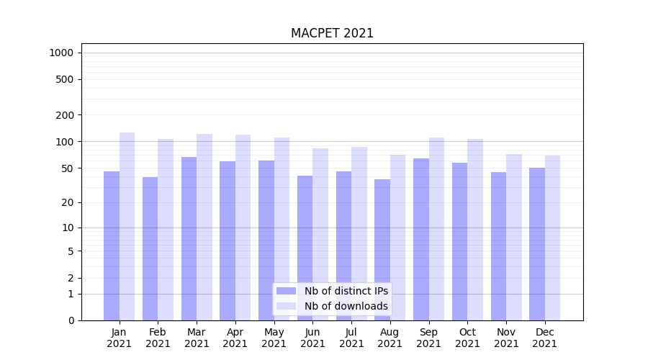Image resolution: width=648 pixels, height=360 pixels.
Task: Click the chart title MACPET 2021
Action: coord(332,33)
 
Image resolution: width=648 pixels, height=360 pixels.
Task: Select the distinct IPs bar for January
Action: coord(112,245)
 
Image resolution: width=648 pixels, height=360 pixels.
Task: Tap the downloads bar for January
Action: coord(127,226)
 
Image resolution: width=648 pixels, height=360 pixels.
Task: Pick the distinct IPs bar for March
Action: coord(189,238)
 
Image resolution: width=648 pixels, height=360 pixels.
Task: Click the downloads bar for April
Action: coord(243,227)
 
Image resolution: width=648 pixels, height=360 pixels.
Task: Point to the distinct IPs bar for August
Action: coord(382,249)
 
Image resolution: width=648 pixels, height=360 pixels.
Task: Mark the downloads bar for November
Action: coord(514,237)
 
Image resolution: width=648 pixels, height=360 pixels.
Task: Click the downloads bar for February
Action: coord(166,229)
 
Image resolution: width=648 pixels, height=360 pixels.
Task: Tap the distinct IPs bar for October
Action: coord(459,241)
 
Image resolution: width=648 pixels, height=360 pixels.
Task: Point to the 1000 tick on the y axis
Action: coord(61,53)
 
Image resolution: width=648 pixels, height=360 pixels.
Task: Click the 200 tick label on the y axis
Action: coord(65,115)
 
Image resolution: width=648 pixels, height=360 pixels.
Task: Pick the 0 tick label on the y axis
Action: coord(71,320)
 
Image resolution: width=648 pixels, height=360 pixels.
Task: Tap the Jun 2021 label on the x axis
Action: coord(312,338)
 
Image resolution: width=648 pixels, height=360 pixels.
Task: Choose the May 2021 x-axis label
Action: coord(274,338)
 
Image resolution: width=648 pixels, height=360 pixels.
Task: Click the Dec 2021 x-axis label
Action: coord(544,338)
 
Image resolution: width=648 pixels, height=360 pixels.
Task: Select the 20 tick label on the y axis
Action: coord(68,202)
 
